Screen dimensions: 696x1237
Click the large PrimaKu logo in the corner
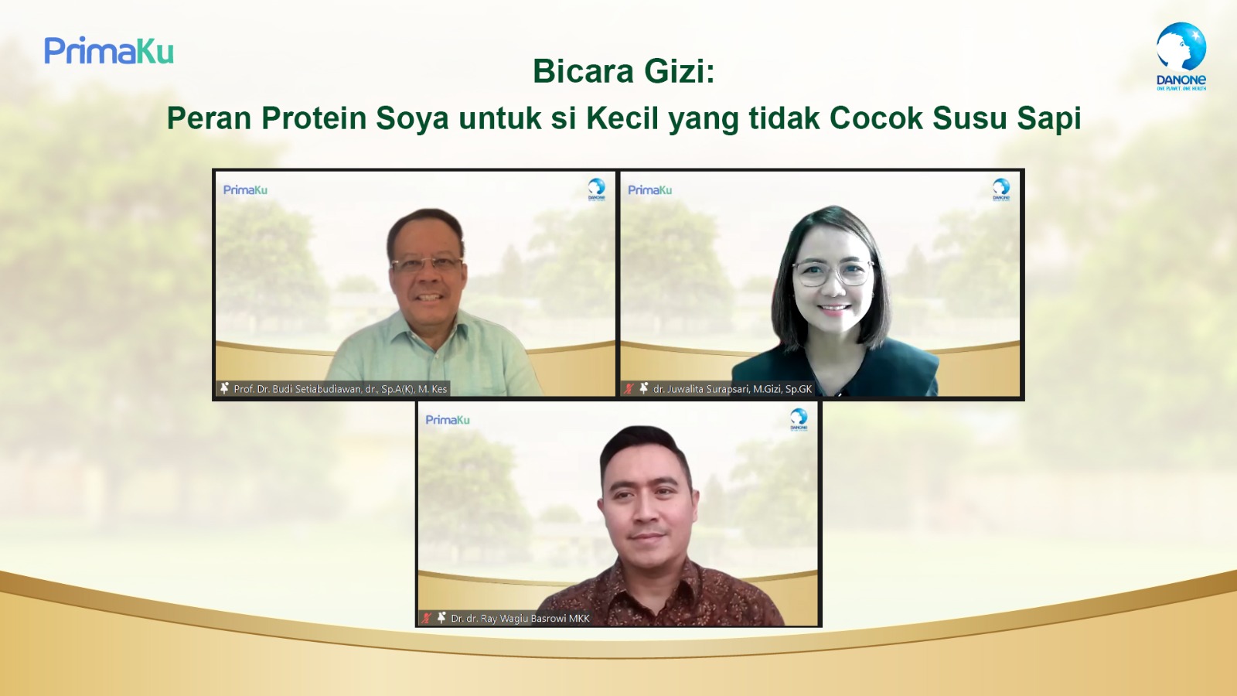(109, 51)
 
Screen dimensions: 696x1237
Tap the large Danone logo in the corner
(1181, 56)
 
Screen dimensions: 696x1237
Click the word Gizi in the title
(679, 71)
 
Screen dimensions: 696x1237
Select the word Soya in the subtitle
(412, 119)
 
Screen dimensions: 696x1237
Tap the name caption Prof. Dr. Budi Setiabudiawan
(340, 389)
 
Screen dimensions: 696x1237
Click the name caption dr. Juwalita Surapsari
(732, 389)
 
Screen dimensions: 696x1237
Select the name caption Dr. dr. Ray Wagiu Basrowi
(520, 619)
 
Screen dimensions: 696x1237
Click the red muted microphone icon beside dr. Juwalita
(629, 388)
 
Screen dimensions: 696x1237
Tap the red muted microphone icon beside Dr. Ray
(426, 618)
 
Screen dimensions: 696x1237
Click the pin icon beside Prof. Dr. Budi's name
(224, 388)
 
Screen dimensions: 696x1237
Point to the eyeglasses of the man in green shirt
(427, 264)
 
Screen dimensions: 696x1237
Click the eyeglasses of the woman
(832, 271)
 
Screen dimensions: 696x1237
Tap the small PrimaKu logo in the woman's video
(649, 190)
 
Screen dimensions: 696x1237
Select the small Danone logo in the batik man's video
(799, 419)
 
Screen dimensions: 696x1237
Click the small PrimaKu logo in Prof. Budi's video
(245, 190)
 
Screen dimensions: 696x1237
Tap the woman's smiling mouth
(833, 309)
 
